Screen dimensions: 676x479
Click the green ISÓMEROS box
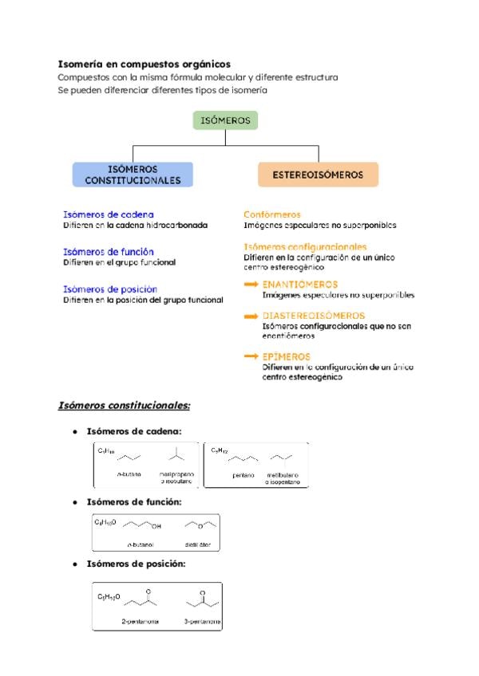click(x=225, y=121)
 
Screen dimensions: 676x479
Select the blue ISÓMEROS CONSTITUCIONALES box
click(x=133, y=175)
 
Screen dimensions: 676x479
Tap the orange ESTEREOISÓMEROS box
click(x=318, y=174)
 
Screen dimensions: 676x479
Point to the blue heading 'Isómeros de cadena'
click(x=109, y=214)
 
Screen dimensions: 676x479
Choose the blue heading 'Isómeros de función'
click(x=109, y=251)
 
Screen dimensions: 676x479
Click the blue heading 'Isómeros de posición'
click(x=110, y=289)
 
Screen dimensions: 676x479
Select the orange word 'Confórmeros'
click(x=271, y=214)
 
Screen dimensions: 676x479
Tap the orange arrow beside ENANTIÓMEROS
click(x=251, y=284)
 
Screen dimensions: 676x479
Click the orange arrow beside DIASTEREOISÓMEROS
click(x=251, y=316)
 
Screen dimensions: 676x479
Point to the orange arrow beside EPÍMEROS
click(x=251, y=356)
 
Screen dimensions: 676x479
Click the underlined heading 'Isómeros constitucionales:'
click(x=125, y=405)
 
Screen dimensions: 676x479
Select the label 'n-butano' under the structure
click(x=129, y=475)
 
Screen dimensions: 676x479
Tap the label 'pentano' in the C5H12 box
click(x=243, y=475)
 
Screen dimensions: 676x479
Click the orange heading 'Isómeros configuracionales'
click(x=305, y=247)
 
